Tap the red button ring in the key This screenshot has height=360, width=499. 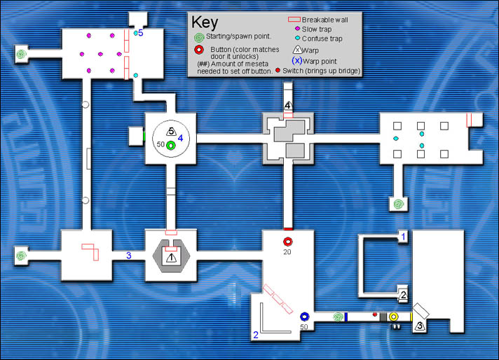click(200, 50)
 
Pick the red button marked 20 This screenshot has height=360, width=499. click(287, 242)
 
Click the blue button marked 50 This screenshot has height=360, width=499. click(304, 317)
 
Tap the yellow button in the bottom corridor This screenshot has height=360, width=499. click(394, 317)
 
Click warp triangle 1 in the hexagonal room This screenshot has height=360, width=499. click(170, 257)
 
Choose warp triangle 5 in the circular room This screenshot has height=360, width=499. click(170, 131)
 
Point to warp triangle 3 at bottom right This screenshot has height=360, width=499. click(419, 325)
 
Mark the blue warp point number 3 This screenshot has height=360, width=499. click(129, 255)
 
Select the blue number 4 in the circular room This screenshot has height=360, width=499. click(181, 138)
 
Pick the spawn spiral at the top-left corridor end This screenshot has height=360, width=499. click(22, 53)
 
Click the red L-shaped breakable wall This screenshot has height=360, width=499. click(90, 250)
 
